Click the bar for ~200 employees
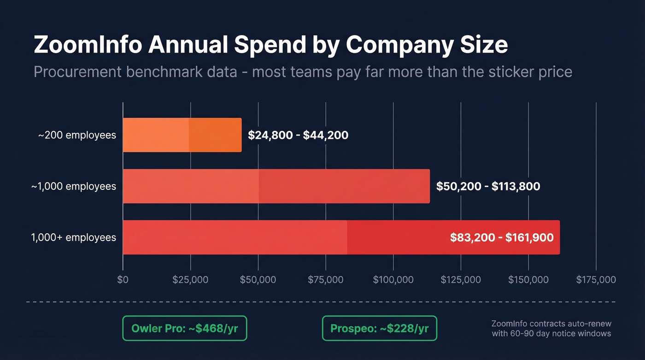tap(182, 135)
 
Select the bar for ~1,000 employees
tap(276, 186)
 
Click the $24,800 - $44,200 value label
tap(298, 135)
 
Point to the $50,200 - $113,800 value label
tap(488, 186)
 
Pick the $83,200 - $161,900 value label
tap(502, 238)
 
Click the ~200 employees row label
tap(77, 135)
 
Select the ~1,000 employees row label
tap(74, 186)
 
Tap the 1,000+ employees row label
tap(74, 237)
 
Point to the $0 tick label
tap(123, 280)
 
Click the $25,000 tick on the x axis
tap(190, 280)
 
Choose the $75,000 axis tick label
tap(326, 280)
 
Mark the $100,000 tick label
tap(393, 280)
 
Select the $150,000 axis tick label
tap(528, 280)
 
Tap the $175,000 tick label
tap(596, 280)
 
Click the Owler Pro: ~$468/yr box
tap(185, 328)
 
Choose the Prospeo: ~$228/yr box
tap(379, 328)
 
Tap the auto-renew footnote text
tap(551, 328)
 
